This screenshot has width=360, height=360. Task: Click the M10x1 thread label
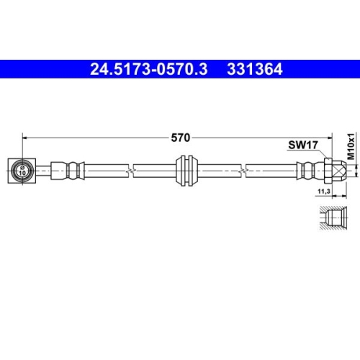pos(351,145)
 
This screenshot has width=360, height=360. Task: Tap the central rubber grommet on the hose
pos(186,171)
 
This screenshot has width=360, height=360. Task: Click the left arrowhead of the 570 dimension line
pos(24,135)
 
